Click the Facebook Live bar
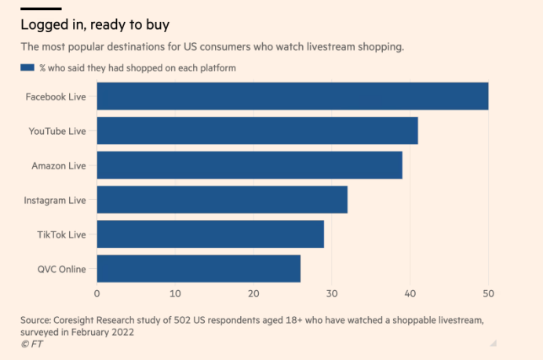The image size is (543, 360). point(292,96)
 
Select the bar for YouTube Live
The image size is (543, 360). point(257,130)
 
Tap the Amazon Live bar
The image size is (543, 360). point(249,165)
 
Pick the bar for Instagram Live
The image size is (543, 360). point(221,199)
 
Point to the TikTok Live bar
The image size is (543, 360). point(210,234)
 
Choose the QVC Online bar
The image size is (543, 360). point(198,268)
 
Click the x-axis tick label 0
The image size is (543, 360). point(97,293)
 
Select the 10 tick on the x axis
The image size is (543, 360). point(175,293)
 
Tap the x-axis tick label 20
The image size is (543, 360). point(253,293)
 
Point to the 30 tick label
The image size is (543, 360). point(331,293)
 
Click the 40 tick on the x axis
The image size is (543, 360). point(410,293)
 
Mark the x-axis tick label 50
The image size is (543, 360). point(488,293)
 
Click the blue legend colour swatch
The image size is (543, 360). point(29,67)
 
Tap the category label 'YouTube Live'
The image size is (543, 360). point(59,131)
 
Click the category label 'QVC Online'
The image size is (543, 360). point(61,269)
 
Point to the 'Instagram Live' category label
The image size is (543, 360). point(55,200)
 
